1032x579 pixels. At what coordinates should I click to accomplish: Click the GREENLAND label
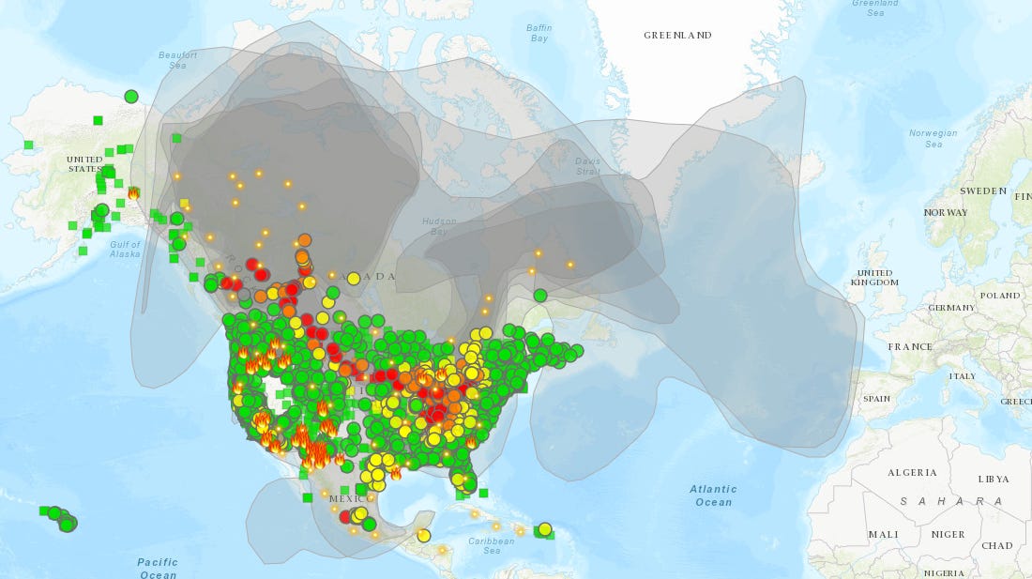click(676, 35)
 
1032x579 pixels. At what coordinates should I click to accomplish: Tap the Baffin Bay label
click(539, 33)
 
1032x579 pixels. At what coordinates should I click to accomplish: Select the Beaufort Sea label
click(178, 60)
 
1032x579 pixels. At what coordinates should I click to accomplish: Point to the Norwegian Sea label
click(933, 138)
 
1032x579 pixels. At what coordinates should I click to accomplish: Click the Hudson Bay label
click(439, 225)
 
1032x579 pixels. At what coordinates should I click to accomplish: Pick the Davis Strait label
click(587, 166)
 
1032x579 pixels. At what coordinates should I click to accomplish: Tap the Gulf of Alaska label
click(125, 249)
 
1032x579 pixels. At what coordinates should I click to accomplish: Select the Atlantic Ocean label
click(713, 495)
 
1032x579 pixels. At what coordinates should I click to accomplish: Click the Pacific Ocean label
click(158, 568)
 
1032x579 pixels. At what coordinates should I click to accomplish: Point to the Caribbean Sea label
click(493, 545)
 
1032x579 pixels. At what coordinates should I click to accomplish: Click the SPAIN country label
click(876, 398)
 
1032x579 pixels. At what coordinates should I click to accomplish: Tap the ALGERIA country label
click(912, 471)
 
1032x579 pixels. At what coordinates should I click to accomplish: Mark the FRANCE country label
click(910, 346)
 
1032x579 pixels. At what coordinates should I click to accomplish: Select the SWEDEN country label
click(982, 190)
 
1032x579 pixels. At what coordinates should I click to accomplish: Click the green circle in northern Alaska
click(131, 96)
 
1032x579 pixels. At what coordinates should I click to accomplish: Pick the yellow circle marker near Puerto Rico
click(544, 529)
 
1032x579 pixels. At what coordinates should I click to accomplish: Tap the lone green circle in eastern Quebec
click(540, 295)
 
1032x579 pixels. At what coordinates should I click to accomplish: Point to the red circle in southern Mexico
click(345, 516)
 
